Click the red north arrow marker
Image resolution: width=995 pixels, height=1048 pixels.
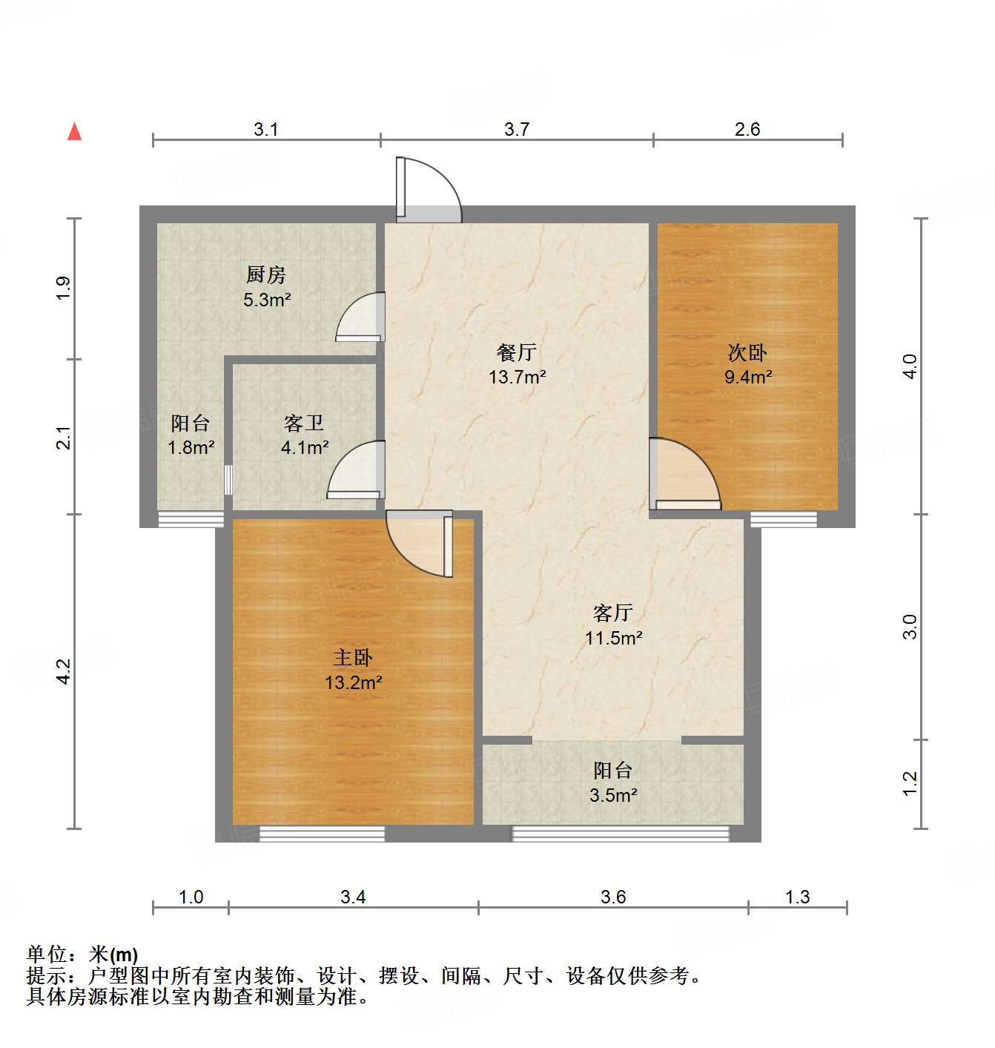pos(74,131)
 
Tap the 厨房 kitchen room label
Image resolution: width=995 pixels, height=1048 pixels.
pos(266,275)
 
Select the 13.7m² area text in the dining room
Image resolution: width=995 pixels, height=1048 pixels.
pos(517,377)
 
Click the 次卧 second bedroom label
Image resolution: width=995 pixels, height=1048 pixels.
pos(747,352)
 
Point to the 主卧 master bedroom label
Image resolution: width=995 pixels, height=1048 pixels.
pos(353,657)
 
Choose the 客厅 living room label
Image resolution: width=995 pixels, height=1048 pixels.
pos(612,613)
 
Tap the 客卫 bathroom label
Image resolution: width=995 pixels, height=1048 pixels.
pos(304,424)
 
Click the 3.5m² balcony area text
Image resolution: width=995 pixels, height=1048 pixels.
pos(613,796)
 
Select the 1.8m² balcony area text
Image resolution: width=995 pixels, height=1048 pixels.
pos(191,447)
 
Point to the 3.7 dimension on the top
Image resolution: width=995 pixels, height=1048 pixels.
pos(517,129)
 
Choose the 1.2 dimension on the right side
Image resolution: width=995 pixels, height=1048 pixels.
pos(910,783)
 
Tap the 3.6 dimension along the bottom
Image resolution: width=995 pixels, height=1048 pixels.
pos(613,897)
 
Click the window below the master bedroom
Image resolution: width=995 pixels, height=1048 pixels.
pos(322,834)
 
